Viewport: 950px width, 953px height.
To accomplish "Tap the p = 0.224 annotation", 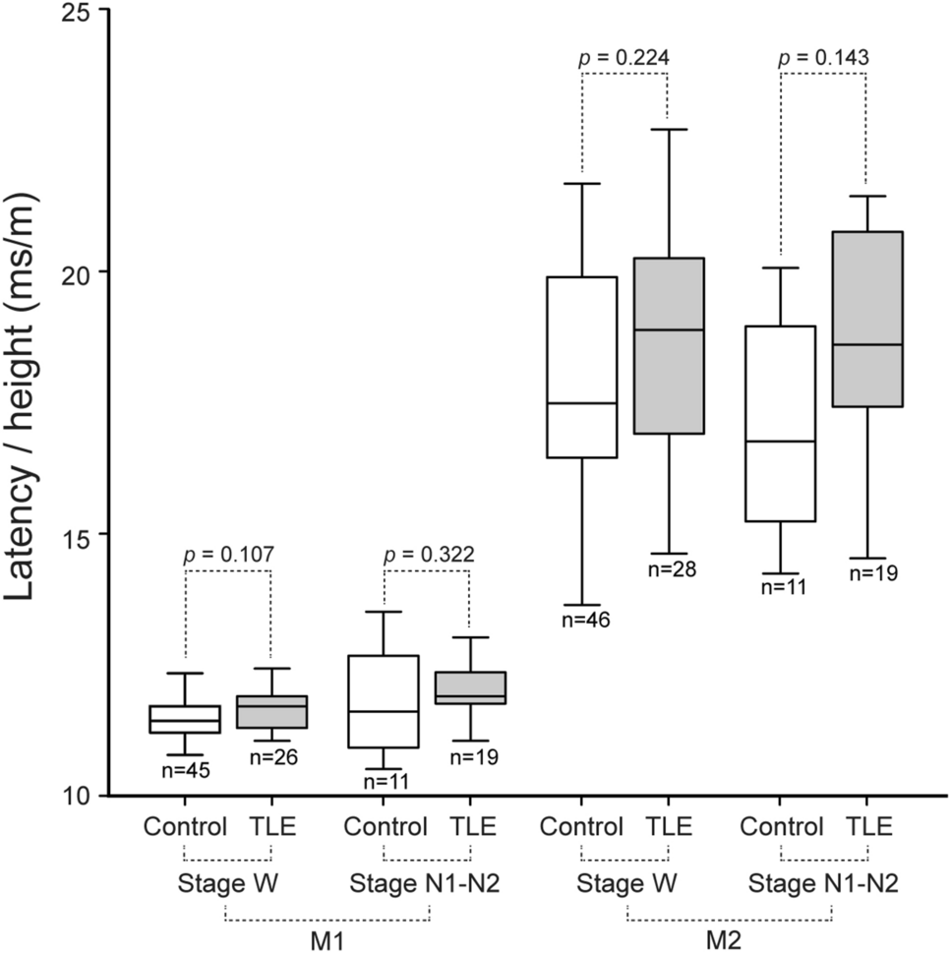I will [x=624, y=57].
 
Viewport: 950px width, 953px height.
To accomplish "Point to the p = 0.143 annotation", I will [x=823, y=57].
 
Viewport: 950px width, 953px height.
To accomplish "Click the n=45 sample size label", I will [x=185, y=770].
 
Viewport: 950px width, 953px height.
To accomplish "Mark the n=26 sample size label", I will [x=270, y=757].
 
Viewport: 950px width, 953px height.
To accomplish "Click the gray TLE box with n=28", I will [x=669, y=345].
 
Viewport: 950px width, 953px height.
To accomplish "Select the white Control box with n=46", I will [x=582, y=367].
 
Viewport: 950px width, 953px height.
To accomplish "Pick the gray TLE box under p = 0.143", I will [x=868, y=319].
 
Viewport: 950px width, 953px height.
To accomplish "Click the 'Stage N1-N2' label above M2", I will [x=824, y=882].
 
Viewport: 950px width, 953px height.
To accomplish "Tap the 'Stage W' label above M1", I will [x=228, y=882].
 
